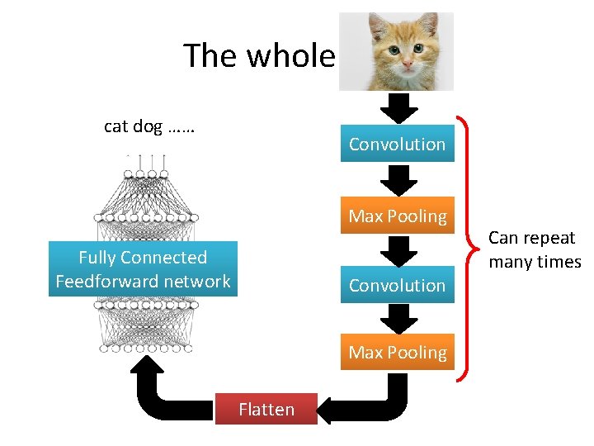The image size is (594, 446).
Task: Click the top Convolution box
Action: [x=397, y=144]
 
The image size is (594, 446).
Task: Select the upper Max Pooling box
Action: [x=397, y=216]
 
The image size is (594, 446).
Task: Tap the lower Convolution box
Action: [x=397, y=285]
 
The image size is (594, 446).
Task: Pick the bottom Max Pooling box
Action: [x=397, y=352]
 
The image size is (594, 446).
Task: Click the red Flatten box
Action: [x=266, y=409]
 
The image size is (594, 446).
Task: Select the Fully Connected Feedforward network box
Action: [x=143, y=269]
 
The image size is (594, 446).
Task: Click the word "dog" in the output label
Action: [x=147, y=126]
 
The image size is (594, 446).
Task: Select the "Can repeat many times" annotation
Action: [x=533, y=249]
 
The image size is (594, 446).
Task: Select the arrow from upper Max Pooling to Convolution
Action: [x=399, y=250]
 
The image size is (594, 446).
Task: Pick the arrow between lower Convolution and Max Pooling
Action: [x=399, y=318]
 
